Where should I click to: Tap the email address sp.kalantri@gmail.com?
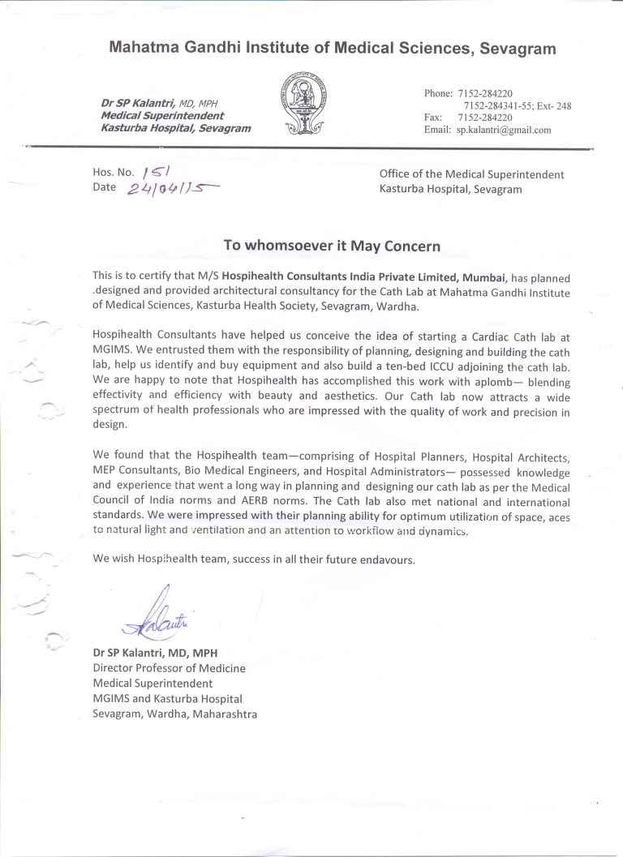(504, 130)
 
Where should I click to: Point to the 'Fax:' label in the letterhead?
(434, 118)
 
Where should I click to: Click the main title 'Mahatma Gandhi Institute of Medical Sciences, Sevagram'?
(333, 49)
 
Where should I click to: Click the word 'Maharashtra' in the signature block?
(221, 713)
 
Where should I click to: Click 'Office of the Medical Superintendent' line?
(471, 174)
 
